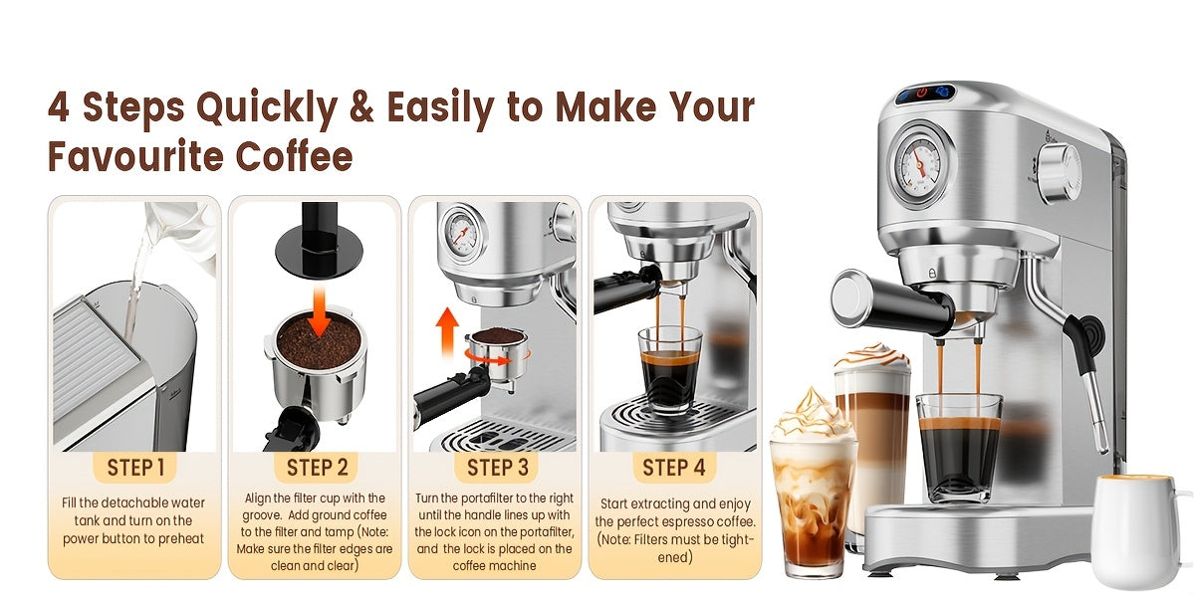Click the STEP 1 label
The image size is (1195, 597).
click(136, 468)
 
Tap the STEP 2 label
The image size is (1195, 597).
click(317, 468)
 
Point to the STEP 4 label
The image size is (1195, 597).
click(673, 468)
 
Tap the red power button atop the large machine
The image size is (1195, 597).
click(925, 94)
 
